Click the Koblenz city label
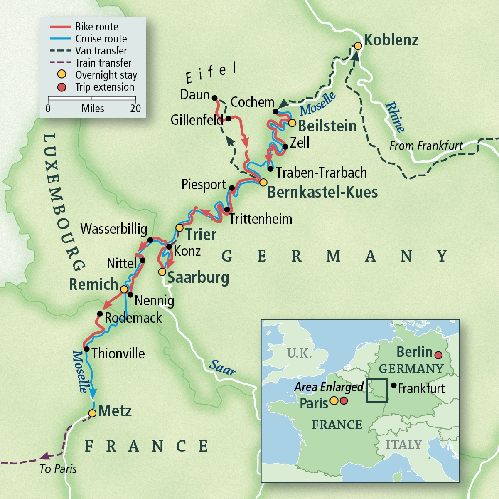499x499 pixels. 391,40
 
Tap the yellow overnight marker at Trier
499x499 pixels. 179,228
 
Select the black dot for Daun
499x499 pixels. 215,98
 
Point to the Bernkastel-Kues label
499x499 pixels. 322,192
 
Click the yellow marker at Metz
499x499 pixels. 92,413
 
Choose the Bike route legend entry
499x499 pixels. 96,27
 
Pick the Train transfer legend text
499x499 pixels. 103,63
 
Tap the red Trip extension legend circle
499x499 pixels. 62,87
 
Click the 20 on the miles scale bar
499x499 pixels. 135,109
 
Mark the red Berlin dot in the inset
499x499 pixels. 438,355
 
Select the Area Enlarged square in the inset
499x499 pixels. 377,390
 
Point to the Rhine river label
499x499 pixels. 395,117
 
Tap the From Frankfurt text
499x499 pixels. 426,146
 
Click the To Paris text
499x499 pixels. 58,469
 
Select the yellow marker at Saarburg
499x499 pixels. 162,272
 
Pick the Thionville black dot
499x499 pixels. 86,349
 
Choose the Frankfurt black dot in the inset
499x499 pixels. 393,385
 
